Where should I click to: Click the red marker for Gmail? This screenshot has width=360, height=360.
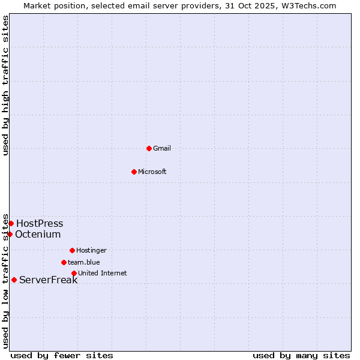click(149, 148)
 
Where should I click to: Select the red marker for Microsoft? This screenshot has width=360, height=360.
click(134, 172)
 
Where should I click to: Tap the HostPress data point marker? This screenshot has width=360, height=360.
click(11, 223)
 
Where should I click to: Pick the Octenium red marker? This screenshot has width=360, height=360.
click(10, 234)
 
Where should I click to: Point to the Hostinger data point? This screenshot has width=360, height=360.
click(72, 250)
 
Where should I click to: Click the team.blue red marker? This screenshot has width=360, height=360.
click(64, 262)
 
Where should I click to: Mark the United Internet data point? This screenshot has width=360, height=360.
click(74, 273)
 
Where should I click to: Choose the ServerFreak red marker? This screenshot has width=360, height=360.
click(14, 280)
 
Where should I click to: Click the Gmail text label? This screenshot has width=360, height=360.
click(162, 149)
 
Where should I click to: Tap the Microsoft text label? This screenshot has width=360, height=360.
click(152, 172)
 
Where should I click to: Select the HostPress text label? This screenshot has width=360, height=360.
click(40, 224)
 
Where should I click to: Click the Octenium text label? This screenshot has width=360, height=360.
click(38, 235)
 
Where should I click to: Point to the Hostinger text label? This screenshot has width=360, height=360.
click(91, 251)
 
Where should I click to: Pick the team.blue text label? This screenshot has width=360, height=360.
click(84, 263)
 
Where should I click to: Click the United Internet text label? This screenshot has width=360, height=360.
click(103, 274)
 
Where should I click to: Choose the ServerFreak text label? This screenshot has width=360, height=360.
click(48, 280)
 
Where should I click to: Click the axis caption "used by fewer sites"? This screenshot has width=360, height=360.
click(62, 356)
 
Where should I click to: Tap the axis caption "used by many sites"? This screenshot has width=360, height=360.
click(301, 356)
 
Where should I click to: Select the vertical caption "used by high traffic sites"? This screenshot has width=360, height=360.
click(6, 85)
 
